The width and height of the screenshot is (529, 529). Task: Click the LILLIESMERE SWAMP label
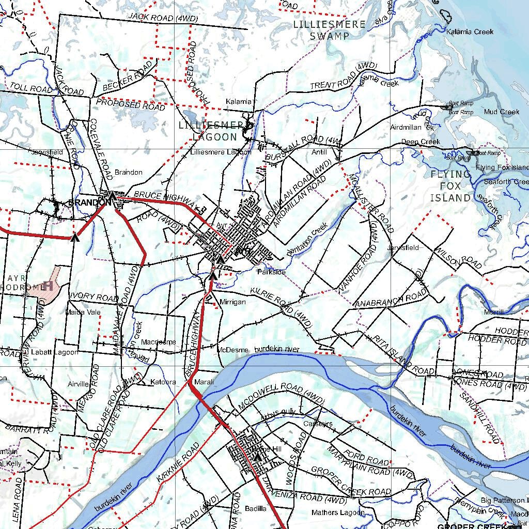pos(329,30)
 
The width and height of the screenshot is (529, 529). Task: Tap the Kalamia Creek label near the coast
pos(470,32)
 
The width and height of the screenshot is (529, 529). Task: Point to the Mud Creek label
pos(502,112)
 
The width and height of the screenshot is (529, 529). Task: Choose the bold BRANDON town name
pos(86,203)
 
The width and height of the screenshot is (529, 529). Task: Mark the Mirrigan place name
pos(232,302)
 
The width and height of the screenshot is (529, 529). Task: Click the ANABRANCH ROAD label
pos(391,301)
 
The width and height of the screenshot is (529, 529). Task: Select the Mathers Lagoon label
pos(338,512)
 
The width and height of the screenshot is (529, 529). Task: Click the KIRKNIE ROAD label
pos(178,463)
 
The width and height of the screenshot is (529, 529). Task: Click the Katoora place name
pos(163,382)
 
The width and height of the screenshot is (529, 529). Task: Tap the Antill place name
pos(320,152)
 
